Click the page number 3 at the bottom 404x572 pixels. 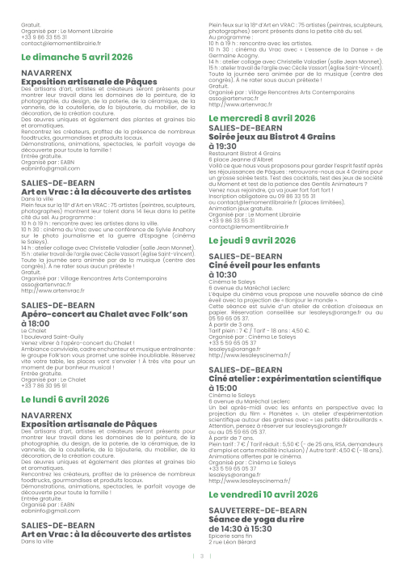click(204, 556)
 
